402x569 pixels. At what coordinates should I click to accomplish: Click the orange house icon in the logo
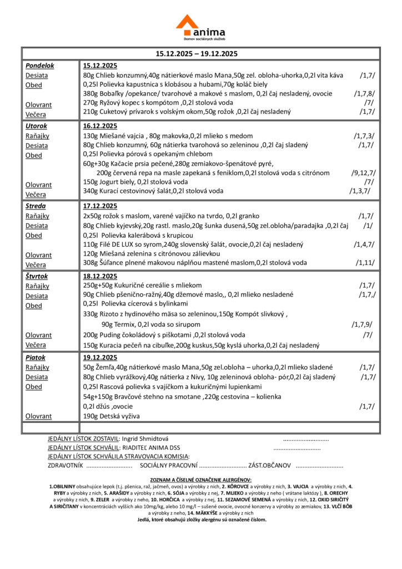point(187,23)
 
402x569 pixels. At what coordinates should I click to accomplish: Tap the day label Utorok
point(36,126)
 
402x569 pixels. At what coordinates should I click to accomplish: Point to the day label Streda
point(35,206)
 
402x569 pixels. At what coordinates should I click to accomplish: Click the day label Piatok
point(36,357)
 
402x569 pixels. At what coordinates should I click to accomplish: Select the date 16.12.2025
point(100,126)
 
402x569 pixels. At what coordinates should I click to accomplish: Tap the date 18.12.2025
point(100,276)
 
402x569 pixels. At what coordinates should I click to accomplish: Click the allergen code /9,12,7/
point(364,173)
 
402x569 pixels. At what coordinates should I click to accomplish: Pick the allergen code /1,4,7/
point(364,244)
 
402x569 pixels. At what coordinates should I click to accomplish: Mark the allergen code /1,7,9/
point(362,324)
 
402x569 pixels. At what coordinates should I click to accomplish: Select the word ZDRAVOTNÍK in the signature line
point(66,465)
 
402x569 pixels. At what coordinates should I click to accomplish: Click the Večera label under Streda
point(36,264)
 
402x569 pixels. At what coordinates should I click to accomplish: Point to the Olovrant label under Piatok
point(38,416)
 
